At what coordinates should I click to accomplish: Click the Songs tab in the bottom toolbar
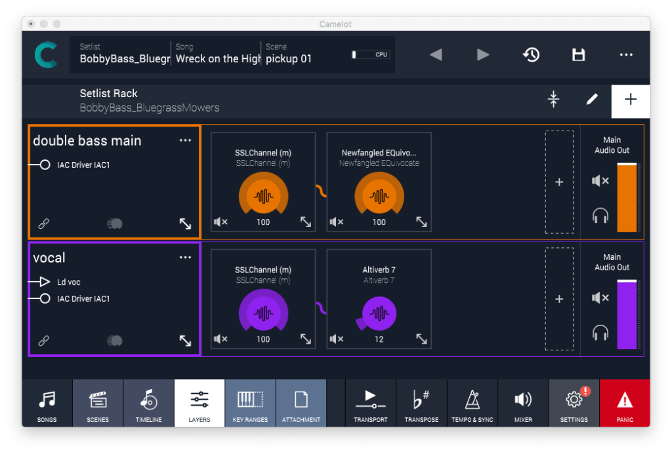(47, 403)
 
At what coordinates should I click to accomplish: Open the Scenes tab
(98, 403)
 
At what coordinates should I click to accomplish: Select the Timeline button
(148, 403)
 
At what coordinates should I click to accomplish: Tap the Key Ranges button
(250, 403)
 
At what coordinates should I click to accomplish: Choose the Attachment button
(301, 403)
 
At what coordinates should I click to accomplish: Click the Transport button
(370, 403)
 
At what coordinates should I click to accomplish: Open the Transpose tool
(421, 403)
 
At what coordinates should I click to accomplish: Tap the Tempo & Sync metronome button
(472, 403)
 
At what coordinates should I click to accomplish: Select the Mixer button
(523, 403)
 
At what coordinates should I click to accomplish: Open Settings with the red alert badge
(574, 403)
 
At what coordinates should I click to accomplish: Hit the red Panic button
(625, 403)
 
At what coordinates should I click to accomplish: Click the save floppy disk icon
(578, 55)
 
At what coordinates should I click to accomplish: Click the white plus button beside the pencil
(631, 100)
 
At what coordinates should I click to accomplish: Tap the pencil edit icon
(592, 100)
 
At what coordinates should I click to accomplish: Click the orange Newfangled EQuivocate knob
(379, 196)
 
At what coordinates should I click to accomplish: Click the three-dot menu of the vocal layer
(186, 257)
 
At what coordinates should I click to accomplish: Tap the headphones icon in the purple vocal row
(600, 333)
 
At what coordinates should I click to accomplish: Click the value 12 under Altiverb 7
(379, 339)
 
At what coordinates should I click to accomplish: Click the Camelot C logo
(46, 55)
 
